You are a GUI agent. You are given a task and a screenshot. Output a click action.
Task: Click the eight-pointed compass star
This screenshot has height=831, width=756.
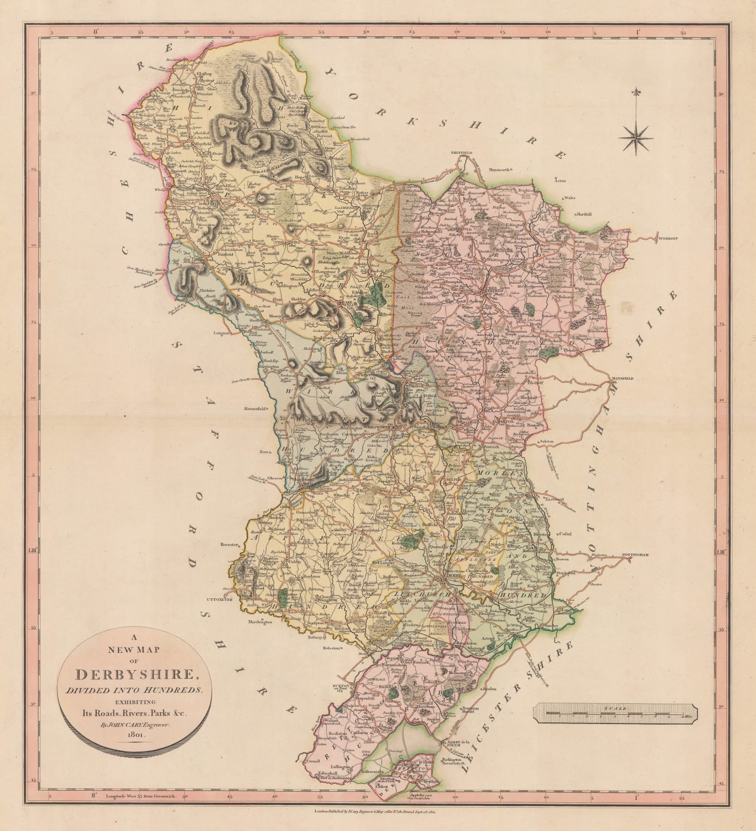tap(636, 137)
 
